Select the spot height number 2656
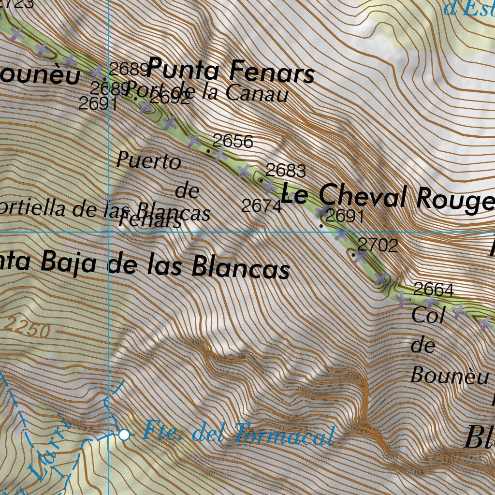233,141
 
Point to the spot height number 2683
286,170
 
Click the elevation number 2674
262,206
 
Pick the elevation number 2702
378,246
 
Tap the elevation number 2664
434,290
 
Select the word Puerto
149,160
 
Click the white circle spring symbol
124,435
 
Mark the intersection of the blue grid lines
109,232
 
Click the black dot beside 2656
208,151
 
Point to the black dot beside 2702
353,254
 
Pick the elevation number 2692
170,99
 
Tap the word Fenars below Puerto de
150,220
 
